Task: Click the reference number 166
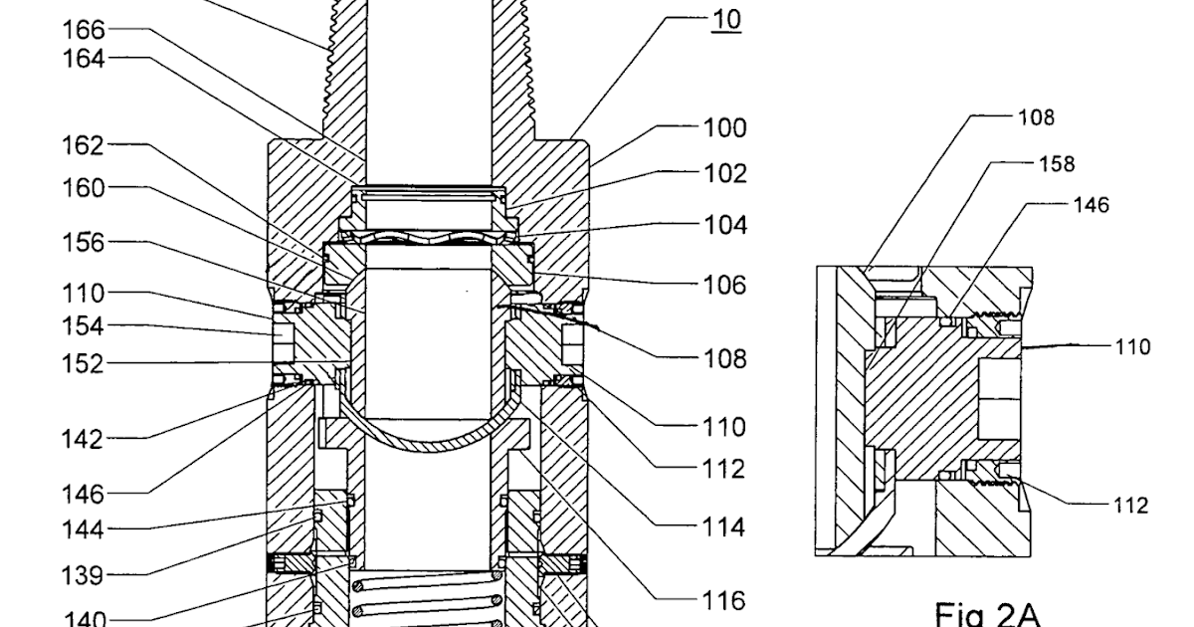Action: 84,31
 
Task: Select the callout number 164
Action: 84,60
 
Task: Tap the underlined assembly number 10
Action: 725,20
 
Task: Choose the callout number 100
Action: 724,128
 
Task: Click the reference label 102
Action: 724,173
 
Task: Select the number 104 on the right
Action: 724,225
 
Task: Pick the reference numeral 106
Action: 724,286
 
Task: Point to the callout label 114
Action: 724,526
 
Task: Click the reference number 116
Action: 724,601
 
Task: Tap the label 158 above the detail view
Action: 1056,163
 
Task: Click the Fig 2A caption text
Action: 987,614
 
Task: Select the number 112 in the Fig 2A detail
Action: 1129,506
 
